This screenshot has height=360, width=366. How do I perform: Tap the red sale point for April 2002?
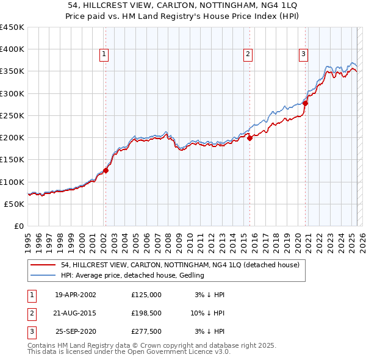[x=106, y=171]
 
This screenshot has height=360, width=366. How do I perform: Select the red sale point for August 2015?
[x=250, y=139]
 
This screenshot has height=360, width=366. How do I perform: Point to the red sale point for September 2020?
[x=305, y=103]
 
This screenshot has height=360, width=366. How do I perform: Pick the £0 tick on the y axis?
[x=20, y=226]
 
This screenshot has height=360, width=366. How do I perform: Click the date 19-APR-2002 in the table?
[x=76, y=295]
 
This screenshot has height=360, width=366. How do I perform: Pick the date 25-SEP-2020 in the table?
[x=76, y=331]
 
